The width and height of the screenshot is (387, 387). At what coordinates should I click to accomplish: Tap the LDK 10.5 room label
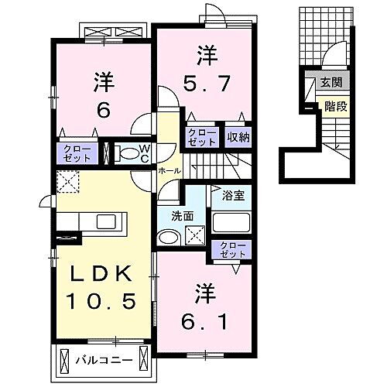(x=103, y=287)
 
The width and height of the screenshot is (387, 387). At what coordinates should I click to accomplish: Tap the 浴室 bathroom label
(x=234, y=194)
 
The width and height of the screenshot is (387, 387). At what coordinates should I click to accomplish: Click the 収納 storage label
(x=238, y=138)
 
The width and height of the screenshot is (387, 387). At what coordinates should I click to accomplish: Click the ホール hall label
(x=169, y=170)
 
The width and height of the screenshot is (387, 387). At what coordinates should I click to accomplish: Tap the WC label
(x=143, y=152)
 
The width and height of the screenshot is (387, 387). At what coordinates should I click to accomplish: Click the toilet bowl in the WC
(x=126, y=153)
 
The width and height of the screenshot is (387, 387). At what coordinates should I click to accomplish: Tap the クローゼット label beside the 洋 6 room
(x=77, y=152)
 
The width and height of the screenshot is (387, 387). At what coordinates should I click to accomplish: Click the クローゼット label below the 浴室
(x=231, y=249)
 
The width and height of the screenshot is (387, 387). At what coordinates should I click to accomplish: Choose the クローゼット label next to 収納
(x=202, y=138)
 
